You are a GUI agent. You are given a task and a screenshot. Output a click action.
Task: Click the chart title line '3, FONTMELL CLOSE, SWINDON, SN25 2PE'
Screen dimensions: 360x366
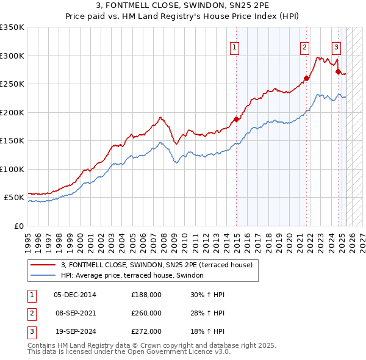183,7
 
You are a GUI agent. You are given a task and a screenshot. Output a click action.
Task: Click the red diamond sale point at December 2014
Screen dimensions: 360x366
236,119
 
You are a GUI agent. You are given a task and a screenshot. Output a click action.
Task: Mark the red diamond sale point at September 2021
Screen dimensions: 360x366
307,78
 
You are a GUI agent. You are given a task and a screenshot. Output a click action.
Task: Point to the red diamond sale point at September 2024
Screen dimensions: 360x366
338,71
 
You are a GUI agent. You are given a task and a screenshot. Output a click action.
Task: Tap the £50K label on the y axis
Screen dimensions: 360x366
15,198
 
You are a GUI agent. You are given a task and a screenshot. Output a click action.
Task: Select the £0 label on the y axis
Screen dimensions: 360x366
18,226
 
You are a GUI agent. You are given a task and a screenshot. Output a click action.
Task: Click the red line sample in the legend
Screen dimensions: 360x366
43,265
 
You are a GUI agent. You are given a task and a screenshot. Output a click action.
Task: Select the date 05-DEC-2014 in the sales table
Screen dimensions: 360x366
75,294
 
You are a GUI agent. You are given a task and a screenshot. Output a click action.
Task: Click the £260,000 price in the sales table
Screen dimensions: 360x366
146,313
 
